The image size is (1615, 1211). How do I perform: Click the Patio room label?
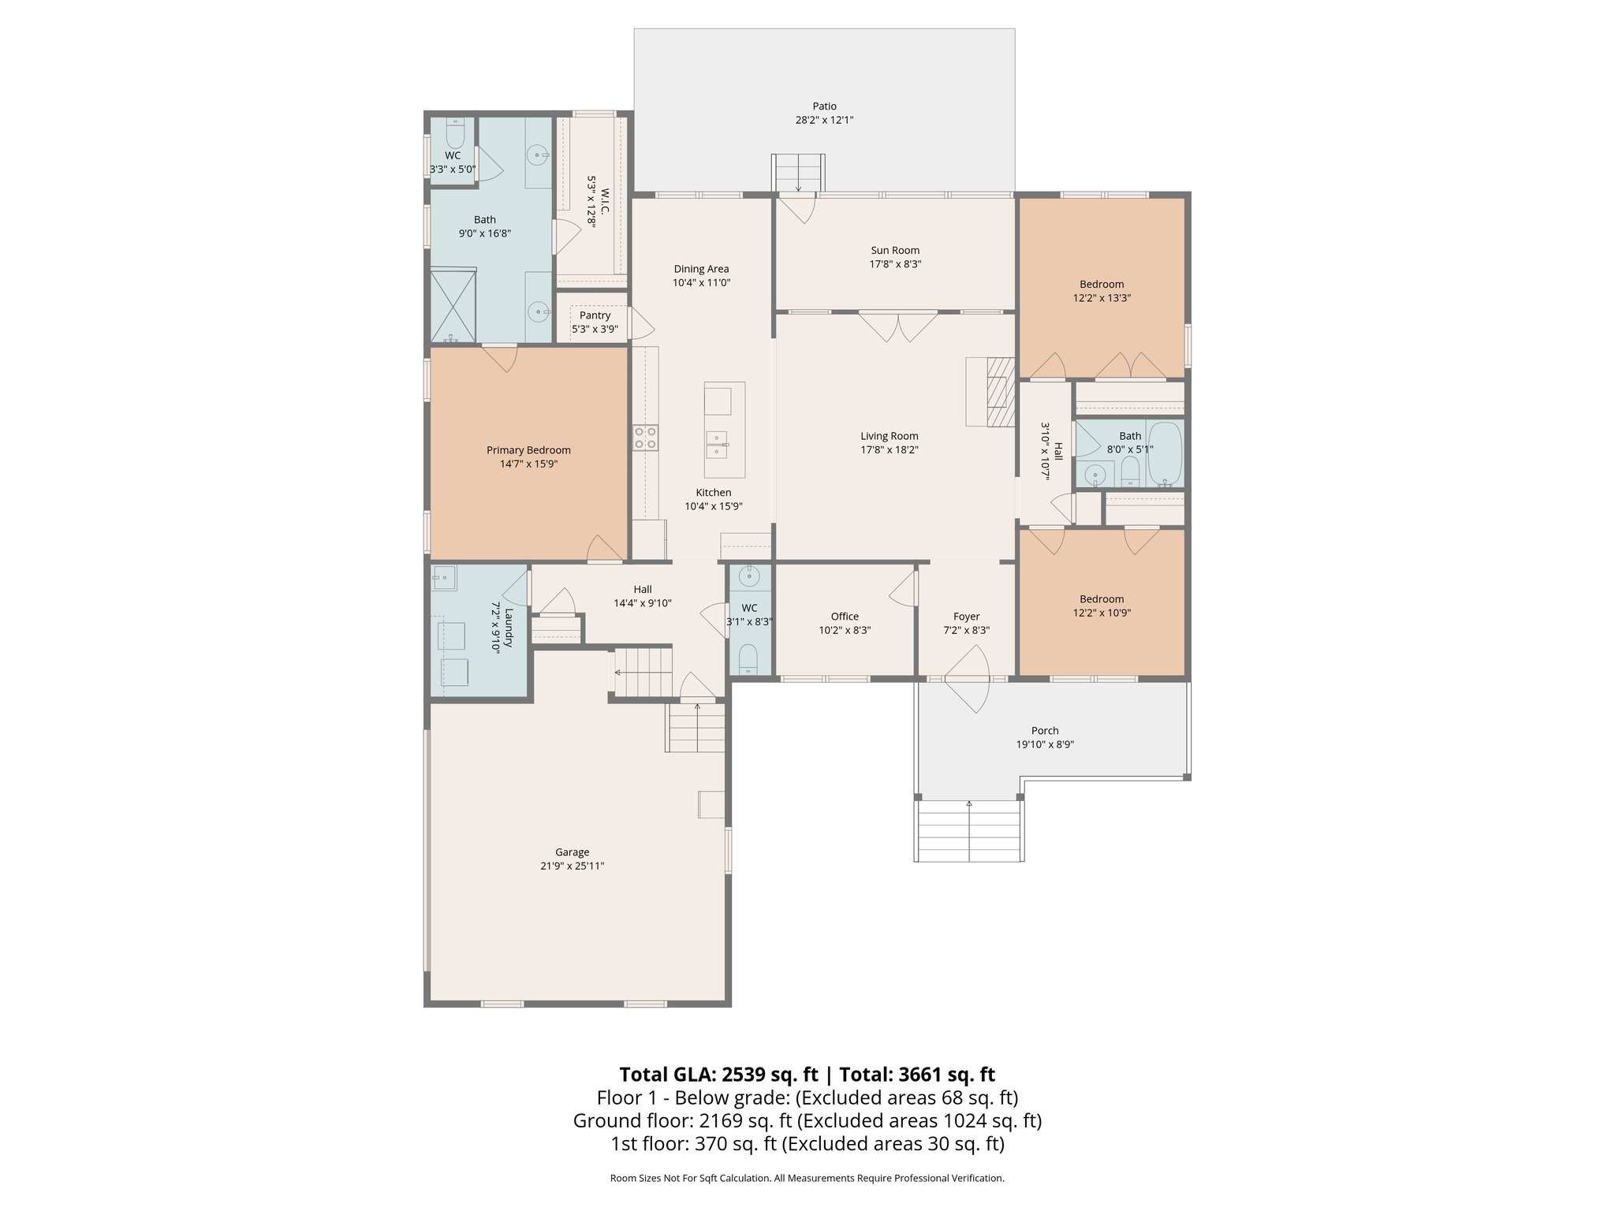coord(824,106)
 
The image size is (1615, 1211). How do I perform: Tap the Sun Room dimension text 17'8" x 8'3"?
coord(895,264)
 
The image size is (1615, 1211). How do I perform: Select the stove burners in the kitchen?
coord(645,438)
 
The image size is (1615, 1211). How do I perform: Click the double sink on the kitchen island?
coord(718,445)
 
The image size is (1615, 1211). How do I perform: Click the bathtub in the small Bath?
coord(1165,453)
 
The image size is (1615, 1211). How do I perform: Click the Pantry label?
coord(595,315)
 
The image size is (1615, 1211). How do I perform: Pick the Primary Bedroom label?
coord(528,450)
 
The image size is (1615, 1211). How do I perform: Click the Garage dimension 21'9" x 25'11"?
coord(572,866)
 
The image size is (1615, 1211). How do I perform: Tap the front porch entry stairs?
coord(969,832)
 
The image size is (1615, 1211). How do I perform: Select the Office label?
coord(845,617)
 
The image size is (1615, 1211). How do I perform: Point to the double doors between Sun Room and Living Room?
coord(897,326)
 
